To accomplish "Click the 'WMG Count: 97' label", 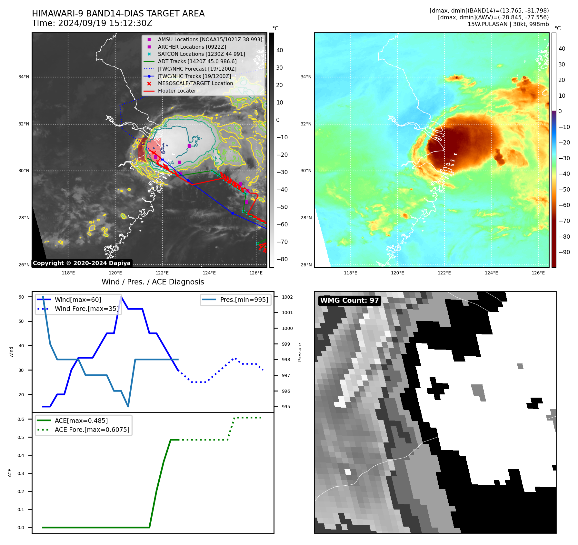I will tap(349, 301).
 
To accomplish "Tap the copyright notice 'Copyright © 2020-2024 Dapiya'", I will tap(82, 263).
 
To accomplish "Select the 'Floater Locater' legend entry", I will tap(177, 91).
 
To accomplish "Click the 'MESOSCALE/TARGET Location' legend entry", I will tap(195, 84).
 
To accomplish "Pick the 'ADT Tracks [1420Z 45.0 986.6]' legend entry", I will tap(197, 62).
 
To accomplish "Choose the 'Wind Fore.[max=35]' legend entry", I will tap(86, 309).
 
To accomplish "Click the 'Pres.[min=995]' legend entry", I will tap(244, 300).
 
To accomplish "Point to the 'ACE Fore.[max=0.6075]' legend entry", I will tap(92, 430).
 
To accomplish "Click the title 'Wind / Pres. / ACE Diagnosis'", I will tap(153, 282).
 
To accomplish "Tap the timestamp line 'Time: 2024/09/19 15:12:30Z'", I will tap(92, 24).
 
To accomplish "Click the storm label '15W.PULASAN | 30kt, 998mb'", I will tap(508, 24).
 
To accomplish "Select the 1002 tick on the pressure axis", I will tap(287, 297).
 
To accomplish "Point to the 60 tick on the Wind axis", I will tap(21, 297).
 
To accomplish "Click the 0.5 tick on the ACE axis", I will tap(21, 438).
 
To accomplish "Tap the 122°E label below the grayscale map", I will tap(162, 273).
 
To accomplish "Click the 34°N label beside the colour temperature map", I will tap(306, 77).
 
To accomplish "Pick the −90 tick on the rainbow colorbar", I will tap(564, 252).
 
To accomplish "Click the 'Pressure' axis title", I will tap(300, 352).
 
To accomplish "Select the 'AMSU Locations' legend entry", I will tap(210, 40).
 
